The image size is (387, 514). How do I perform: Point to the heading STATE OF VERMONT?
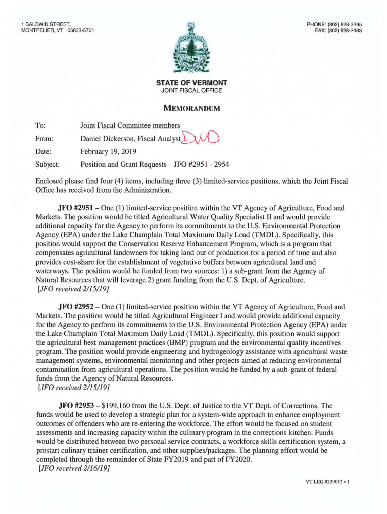[193, 83]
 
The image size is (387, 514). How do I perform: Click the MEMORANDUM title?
[193, 108]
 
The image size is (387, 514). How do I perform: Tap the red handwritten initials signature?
[203, 137]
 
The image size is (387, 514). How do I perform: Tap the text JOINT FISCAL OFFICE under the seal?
[193, 91]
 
